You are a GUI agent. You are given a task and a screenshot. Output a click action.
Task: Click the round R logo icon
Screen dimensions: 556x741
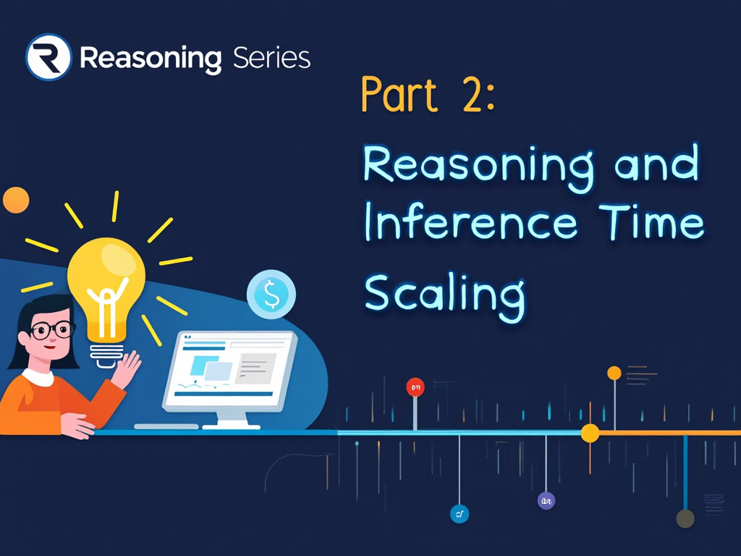[48, 56]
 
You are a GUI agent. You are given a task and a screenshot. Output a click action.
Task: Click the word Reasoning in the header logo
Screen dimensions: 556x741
[151, 58]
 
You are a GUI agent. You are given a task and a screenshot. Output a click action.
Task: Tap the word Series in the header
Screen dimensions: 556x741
[272, 56]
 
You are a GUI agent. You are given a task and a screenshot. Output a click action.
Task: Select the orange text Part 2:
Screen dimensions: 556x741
[427, 95]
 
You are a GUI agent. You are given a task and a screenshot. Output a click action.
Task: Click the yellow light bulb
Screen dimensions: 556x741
[106, 290]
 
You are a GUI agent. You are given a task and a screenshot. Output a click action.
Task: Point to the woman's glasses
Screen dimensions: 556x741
[52, 331]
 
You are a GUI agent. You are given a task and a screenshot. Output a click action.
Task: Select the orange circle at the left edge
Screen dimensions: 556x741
[15, 200]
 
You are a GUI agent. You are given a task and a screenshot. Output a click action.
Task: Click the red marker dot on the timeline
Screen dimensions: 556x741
[415, 387]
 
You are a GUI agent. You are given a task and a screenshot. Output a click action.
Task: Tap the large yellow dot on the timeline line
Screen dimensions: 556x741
[590, 433]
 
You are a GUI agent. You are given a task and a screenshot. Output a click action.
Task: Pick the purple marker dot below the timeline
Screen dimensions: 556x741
[546, 500]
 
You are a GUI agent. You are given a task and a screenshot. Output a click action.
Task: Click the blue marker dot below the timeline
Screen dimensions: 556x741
[459, 514]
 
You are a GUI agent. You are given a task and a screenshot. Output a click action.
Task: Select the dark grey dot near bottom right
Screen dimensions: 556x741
[685, 518]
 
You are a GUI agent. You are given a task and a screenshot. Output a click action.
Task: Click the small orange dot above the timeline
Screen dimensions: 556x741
[614, 373]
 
